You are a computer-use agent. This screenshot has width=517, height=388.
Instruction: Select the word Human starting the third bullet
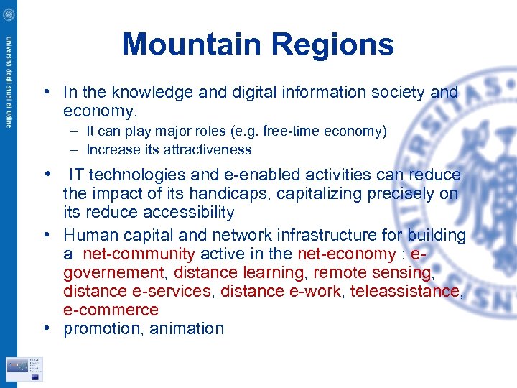click(88, 235)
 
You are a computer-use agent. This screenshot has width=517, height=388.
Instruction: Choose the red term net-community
click(139, 254)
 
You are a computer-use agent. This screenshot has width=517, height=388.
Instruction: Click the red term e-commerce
click(111, 310)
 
